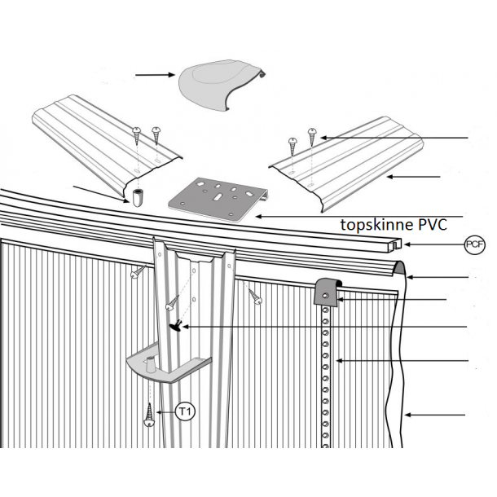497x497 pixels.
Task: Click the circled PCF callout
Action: (474, 244)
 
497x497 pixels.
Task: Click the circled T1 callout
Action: (185, 412)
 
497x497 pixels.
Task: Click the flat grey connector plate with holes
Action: (218, 199)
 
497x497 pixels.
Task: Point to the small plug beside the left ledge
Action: (138, 197)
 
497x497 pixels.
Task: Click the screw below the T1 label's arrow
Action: (149, 416)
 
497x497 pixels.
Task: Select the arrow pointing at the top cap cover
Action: (155, 75)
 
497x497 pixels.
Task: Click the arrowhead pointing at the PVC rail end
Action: (407, 244)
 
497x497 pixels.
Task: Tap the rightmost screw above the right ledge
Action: (312, 136)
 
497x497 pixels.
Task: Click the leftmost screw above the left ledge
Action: (137, 136)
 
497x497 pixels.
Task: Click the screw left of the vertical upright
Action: (139, 271)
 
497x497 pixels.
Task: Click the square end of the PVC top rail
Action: (395, 245)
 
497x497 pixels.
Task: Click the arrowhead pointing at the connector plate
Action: (258, 217)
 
